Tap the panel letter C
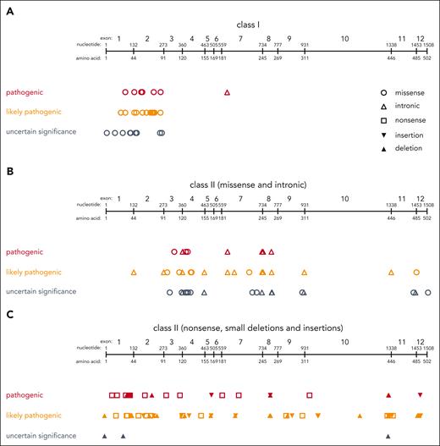(8, 312)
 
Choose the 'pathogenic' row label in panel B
(25, 251)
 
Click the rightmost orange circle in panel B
(416, 273)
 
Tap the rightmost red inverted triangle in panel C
(420, 395)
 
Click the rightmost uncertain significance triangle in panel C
(388, 436)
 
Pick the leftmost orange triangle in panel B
(134, 273)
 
